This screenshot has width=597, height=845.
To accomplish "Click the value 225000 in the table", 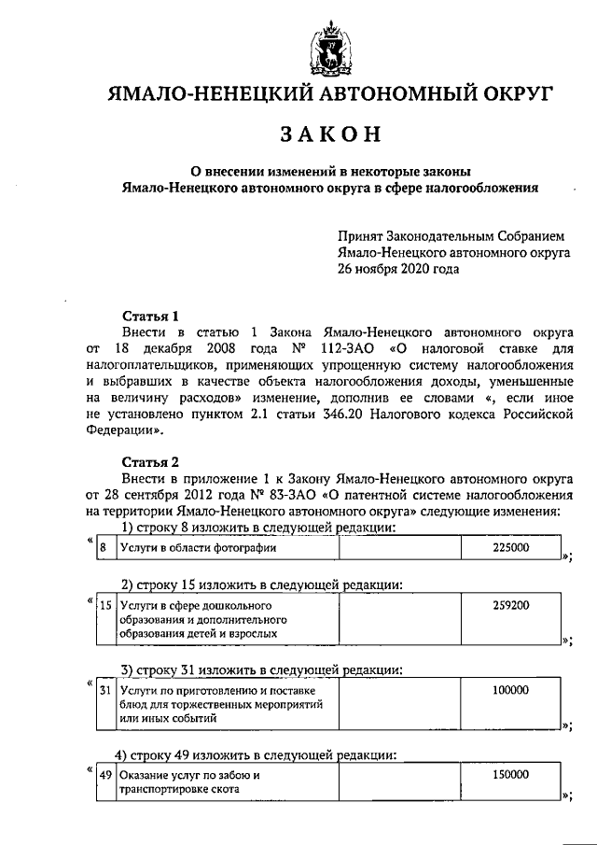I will pos(510,548).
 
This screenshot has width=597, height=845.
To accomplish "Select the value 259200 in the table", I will pos(510,605).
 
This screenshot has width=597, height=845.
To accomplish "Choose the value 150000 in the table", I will pos(510,775).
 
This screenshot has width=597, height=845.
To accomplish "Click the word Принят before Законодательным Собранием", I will pos(361,237).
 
